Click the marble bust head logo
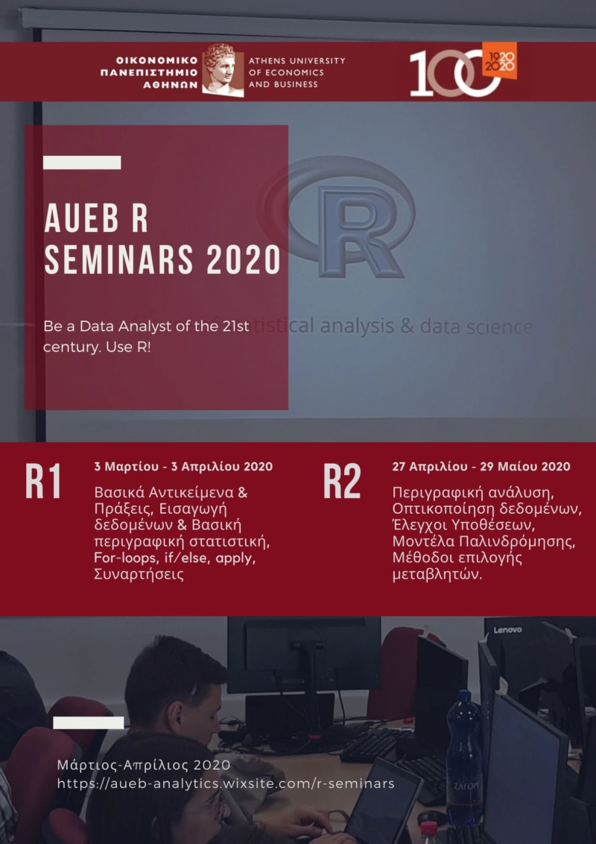coord(223,71)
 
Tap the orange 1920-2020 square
coord(500,60)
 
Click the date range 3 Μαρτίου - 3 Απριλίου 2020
coord(183,467)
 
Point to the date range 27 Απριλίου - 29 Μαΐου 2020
coord(481,467)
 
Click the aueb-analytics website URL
coord(226,784)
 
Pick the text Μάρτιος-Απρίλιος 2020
coord(144,765)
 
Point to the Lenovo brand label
coord(508,630)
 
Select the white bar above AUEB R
coord(82,163)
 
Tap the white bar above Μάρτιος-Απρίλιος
coord(89,723)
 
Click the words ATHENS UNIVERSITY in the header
coord(297,61)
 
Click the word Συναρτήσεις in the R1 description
coord(139,574)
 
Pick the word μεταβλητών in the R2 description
coord(437,575)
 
